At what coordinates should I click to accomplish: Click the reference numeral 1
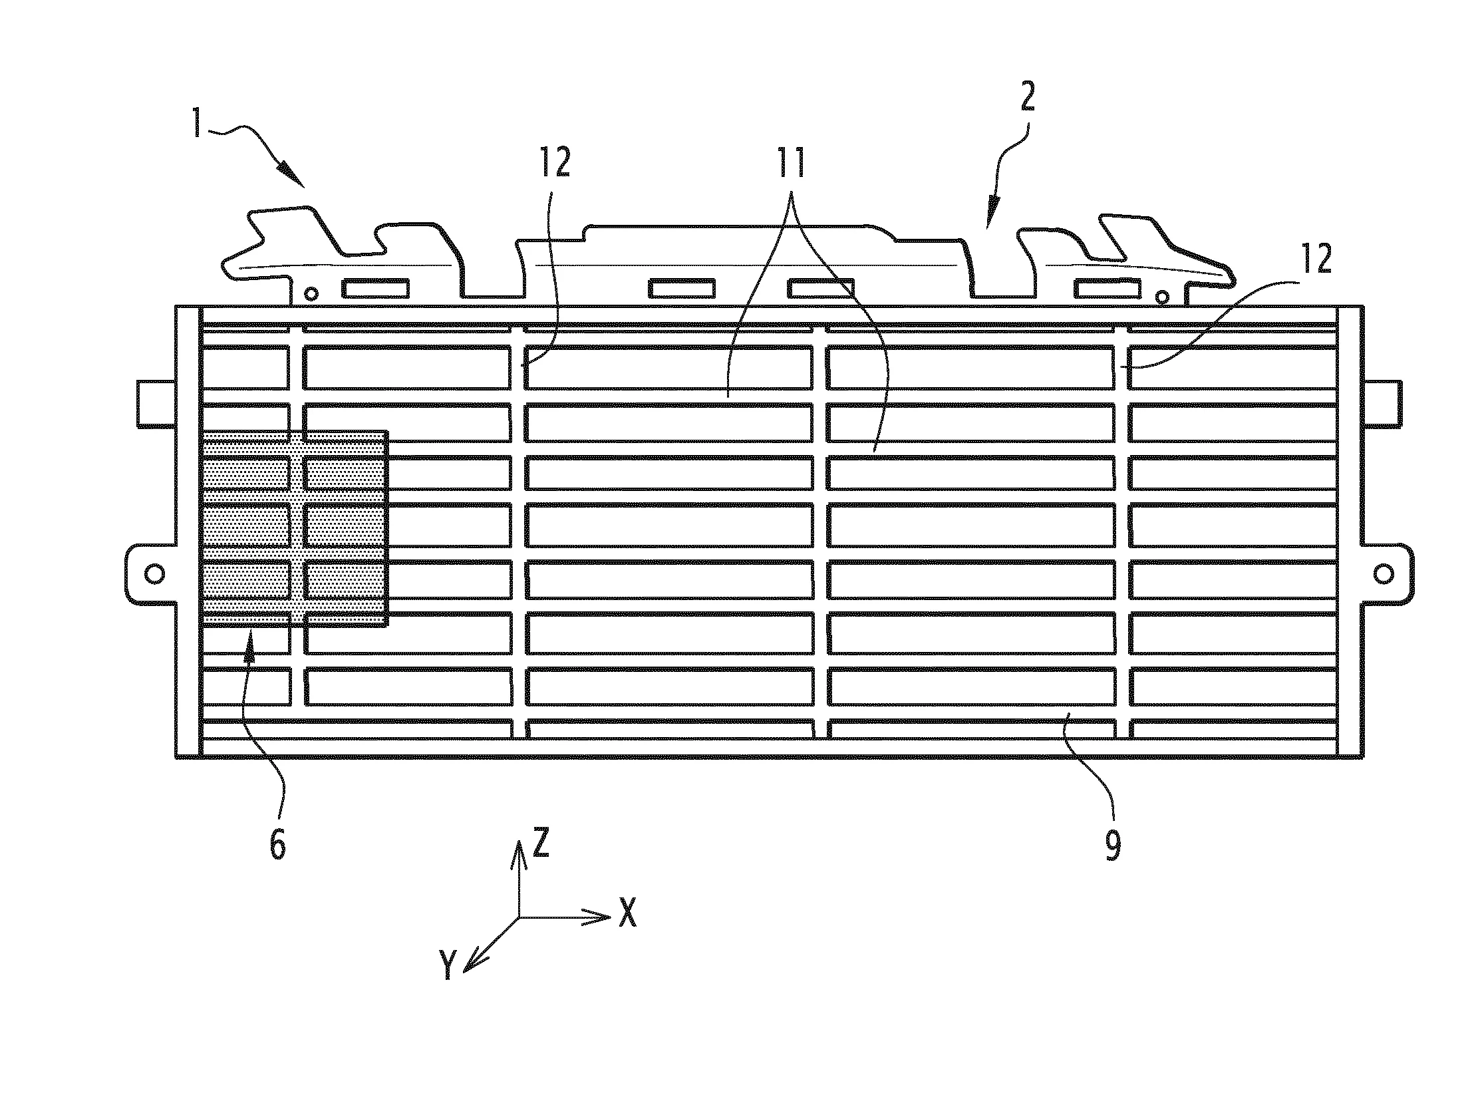(197, 123)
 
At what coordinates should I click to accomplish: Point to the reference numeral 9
(1113, 845)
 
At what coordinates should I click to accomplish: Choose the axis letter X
(627, 912)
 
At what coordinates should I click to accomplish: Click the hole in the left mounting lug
(154, 573)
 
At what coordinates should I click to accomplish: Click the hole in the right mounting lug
(1384, 573)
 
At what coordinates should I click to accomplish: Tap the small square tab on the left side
(156, 402)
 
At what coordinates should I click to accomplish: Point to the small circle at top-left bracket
(311, 293)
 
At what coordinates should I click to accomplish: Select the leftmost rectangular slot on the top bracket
(375, 288)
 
